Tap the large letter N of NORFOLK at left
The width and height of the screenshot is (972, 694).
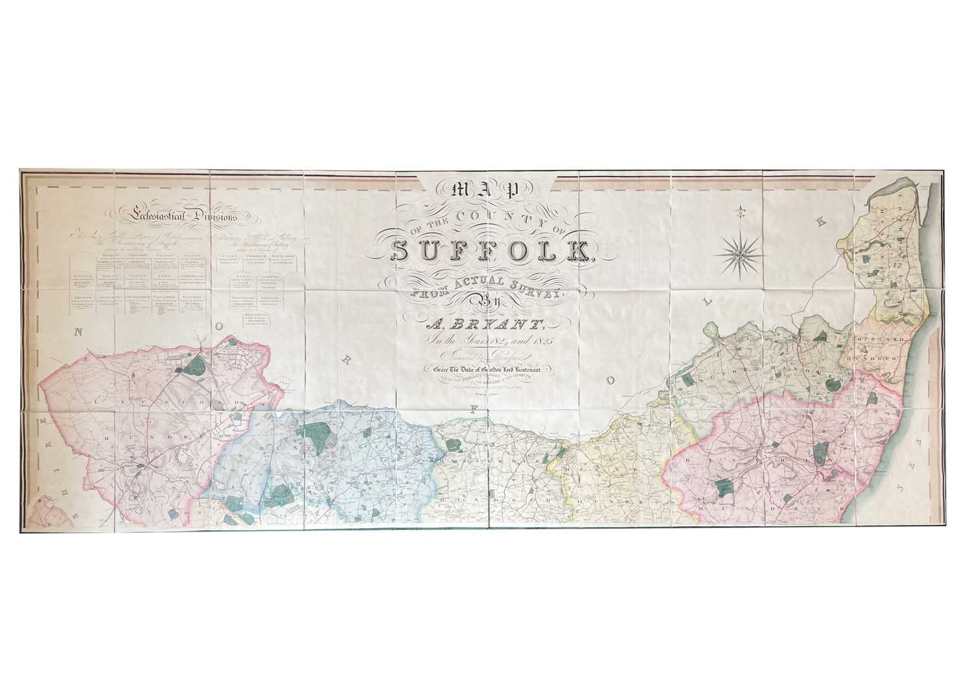point(80,332)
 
